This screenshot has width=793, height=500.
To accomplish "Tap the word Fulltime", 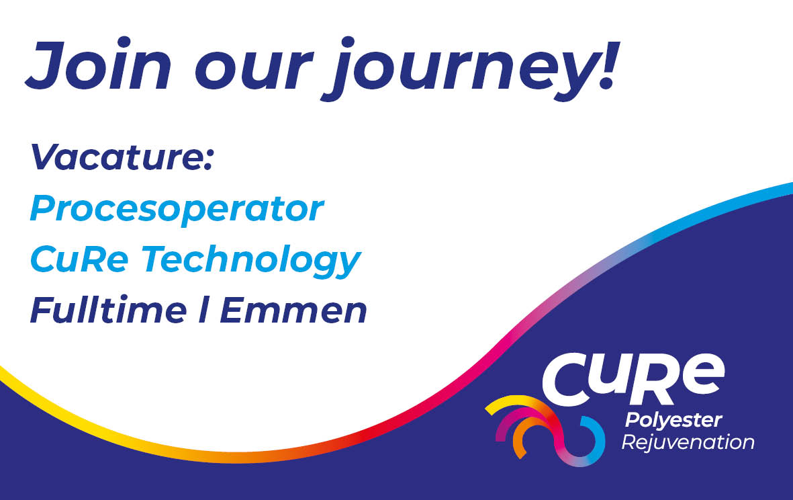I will [108, 310].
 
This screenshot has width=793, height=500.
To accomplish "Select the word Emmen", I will [293, 310].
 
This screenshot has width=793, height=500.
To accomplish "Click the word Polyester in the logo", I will [673, 421].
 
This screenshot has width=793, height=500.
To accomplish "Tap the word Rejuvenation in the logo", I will [688, 443].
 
